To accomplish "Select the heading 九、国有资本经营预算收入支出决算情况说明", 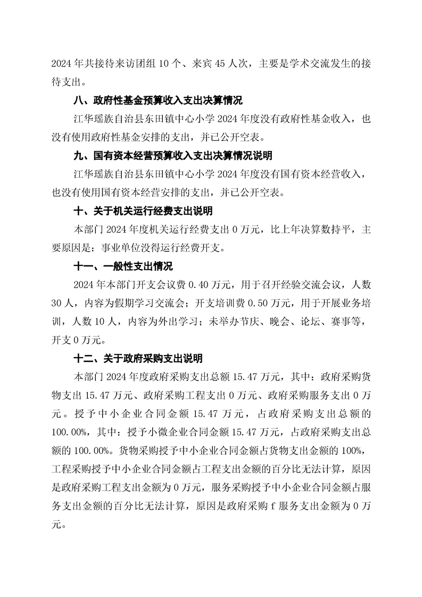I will (x=172, y=156).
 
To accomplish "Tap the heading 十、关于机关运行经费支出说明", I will (x=143, y=211).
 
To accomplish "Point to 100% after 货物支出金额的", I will (x=352, y=451).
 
